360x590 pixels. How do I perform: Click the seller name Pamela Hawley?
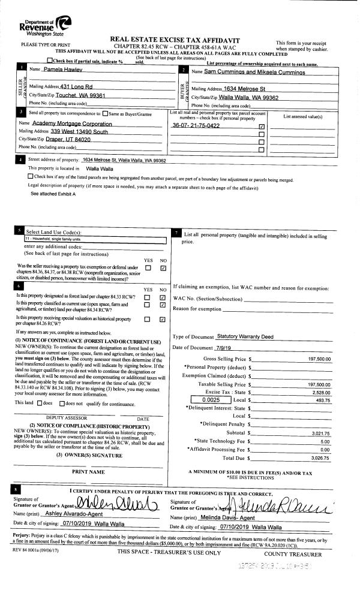pyautogui.click(x=63, y=71)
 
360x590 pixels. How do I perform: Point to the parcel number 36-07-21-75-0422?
pyautogui.click(x=196, y=126)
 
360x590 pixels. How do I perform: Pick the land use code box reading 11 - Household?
pyautogui.click(x=89, y=239)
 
